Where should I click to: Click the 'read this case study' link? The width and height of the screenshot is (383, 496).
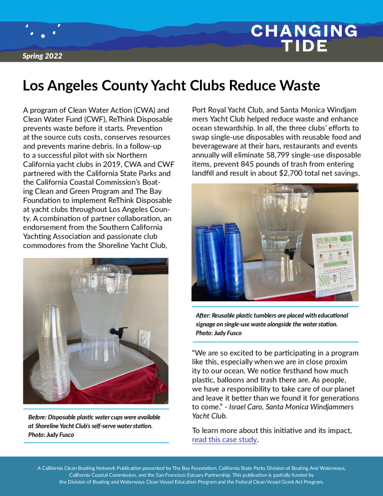pyautogui.click(x=225, y=440)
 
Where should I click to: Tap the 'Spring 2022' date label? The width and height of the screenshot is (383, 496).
pyautogui.click(x=42, y=56)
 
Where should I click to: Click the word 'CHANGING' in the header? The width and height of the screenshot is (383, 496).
pyautogui.click(x=304, y=31)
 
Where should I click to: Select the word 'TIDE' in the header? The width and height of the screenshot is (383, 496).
pyautogui.click(x=304, y=46)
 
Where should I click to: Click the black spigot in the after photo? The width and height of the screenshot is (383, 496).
pyautogui.click(x=290, y=252)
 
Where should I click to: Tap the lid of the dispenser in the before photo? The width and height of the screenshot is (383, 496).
pyautogui.click(x=101, y=274)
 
